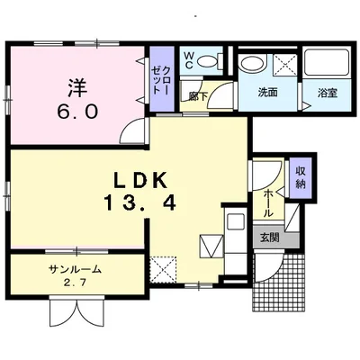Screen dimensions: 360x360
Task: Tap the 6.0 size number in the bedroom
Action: coord(79,113)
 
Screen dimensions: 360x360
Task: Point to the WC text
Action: coord(190,61)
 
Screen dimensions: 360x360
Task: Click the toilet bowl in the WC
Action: coord(210,62)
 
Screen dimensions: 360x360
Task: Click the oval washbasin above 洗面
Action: coord(253,65)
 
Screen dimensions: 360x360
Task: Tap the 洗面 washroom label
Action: coord(268,92)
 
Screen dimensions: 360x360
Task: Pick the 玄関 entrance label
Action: coord(269,238)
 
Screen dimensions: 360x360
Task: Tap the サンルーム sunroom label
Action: coord(75,269)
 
